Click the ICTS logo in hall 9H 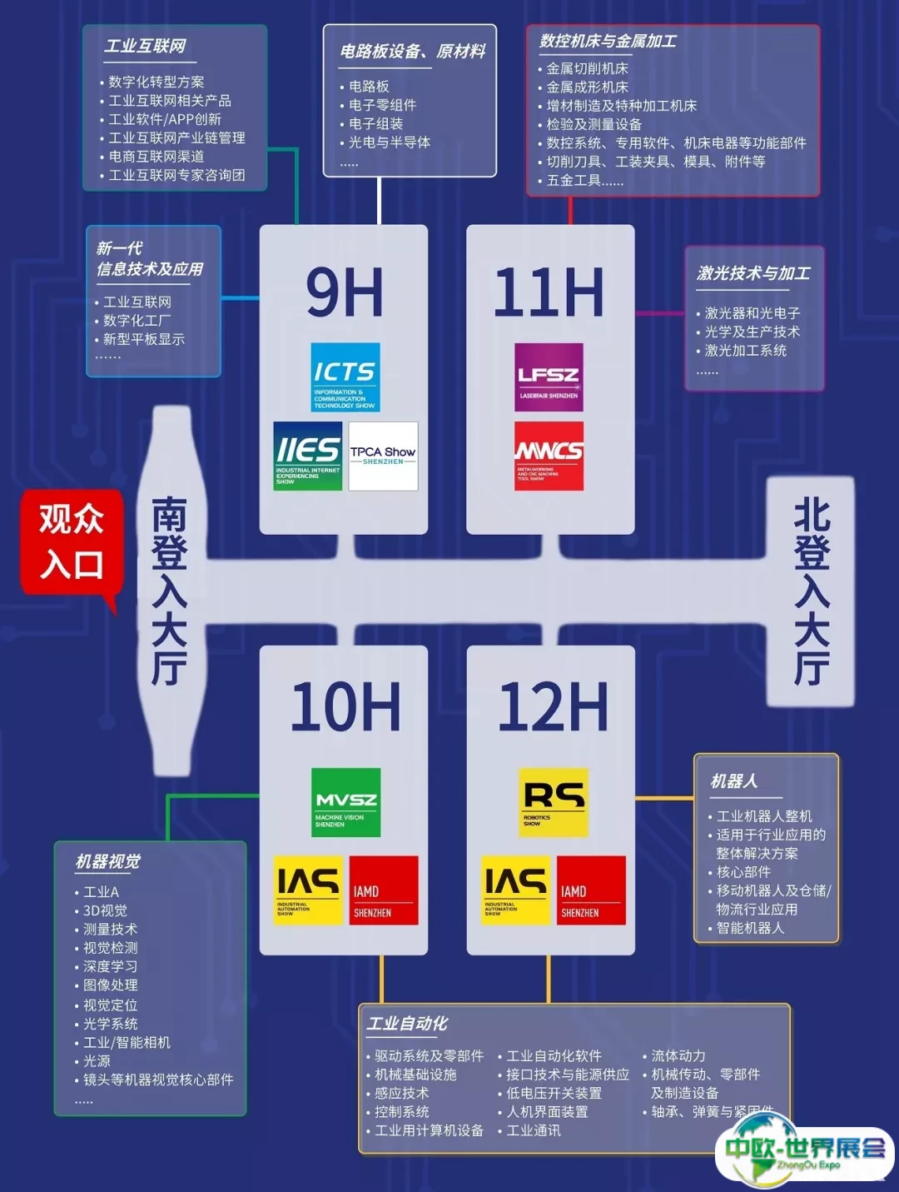pyautogui.click(x=345, y=377)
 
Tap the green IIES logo pyautogui.click(x=307, y=456)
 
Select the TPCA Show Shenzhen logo pyautogui.click(x=383, y=456)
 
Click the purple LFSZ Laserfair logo pyautogui.click(x=549, y=377)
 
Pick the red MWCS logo pyautogui.click(x=549, y=456)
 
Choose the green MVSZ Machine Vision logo pyautogui.click(x=345, y=802)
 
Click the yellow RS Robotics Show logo pyautogui.click(x=554, y=802)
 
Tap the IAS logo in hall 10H pyautogui.click(x=308, y=890)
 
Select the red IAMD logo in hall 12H pyautogui.click(x=591, y=890)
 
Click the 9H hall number pyautogui.click(x=344, y=293)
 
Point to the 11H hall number pyautogui.click(x=549, y=293)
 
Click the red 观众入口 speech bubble pyautogui.click(x=72, y=542)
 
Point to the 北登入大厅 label pyautogui.click(x=811, y=591)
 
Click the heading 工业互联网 pyautogui.click(x=145, y=46)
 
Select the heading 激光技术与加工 pyautogui.click(x=753, y=273)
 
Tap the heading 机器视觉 pyautogui.click(x=108, y=861)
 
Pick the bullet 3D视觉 pyautogui.click(x=105, y=910)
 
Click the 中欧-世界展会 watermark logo pyautogui.click(x=804, y=1151)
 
